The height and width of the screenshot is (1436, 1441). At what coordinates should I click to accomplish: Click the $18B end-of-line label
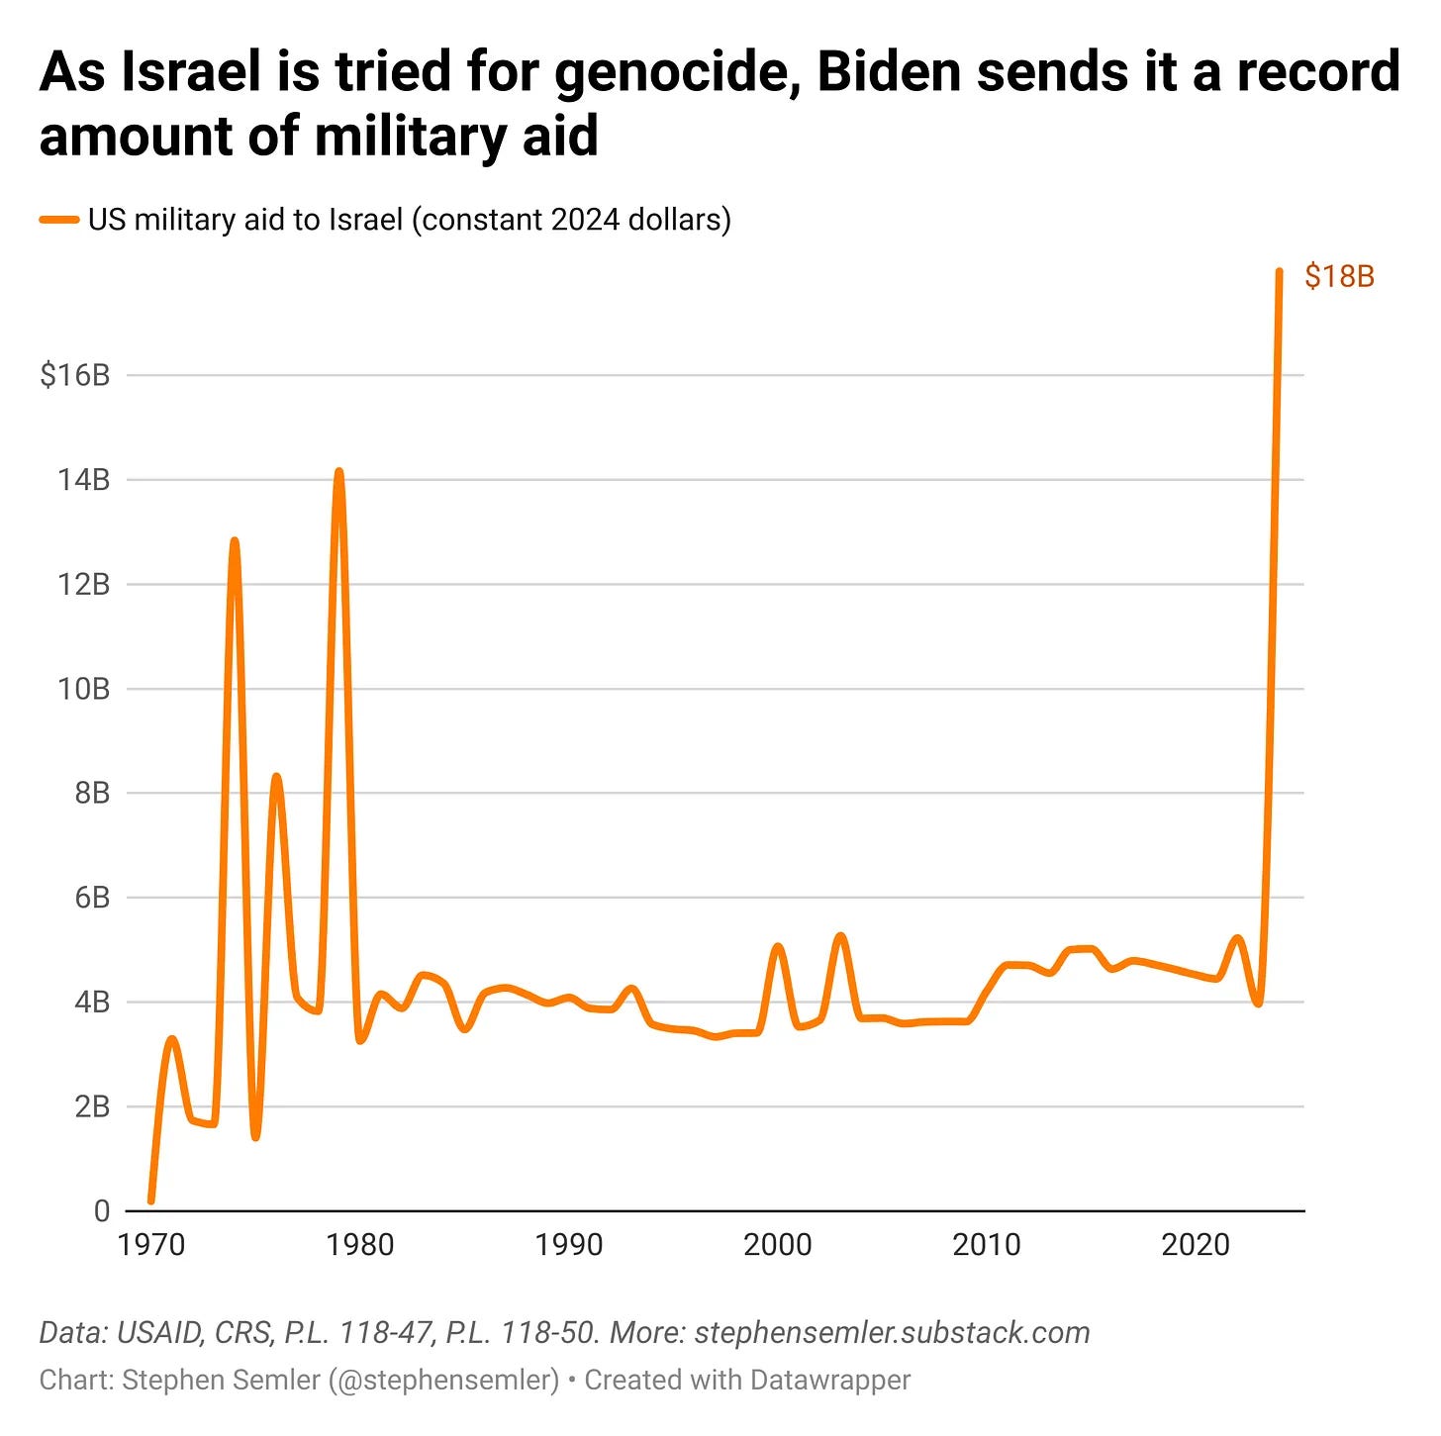point(1339,276)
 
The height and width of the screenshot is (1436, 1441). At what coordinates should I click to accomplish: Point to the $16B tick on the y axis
point(75,375)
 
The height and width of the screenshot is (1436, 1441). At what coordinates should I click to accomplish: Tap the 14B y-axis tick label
point(83,480)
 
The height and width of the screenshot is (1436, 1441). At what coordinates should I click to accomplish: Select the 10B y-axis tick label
point(83,689)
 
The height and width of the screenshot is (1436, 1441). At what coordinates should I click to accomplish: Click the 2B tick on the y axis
point(91,1106)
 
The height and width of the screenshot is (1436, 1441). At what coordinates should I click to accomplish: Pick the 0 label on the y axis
point(102,1210)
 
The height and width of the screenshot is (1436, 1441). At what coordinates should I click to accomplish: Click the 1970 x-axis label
point(151,1244)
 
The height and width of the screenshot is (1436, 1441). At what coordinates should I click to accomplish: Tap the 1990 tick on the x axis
point(569,1244)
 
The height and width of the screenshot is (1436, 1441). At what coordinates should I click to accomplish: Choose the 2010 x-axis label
point(987,1244)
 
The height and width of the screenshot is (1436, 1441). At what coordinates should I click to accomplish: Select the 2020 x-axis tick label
point(1195,1244)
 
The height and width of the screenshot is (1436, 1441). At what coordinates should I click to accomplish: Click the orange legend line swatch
point(58,220)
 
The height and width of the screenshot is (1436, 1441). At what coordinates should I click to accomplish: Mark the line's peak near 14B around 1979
point(338,472)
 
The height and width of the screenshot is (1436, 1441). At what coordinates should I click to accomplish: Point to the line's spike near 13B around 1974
point(235,541)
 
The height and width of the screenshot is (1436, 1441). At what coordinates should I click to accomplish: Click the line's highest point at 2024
point(1279,271)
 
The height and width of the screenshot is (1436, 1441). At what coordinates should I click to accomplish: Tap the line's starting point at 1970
point(151,1200)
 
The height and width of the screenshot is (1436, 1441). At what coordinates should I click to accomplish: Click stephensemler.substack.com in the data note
point(892,1333)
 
